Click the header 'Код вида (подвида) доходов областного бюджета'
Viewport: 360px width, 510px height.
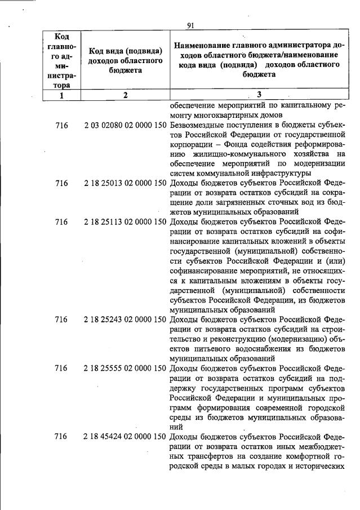click(126, 60)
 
